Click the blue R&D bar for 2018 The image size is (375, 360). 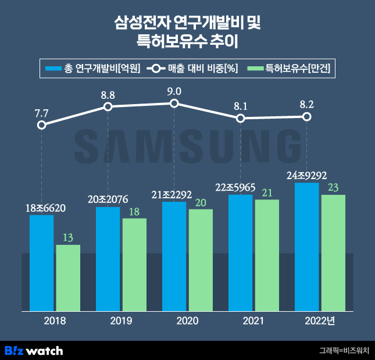[x=41, y=263]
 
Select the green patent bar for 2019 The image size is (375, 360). [x=134, y=265]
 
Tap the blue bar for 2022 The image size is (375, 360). [x=307, y=247]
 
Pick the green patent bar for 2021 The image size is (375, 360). [x=267, y=255]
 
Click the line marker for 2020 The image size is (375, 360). [x=174, y=104]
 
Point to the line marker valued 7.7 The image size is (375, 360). [x=41, y=125]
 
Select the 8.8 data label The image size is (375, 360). [x=108, y=94]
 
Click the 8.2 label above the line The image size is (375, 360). [x=307, y=105]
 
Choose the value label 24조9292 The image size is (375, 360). [x=306, y=176]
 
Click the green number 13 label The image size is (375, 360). [x=68, y=237]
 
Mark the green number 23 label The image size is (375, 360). [x=333, y=187]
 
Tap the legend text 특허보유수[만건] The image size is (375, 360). [x=298, y=68]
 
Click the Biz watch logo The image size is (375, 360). [x=34, y=350]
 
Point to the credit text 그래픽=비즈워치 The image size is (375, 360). [x=344, y=351]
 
